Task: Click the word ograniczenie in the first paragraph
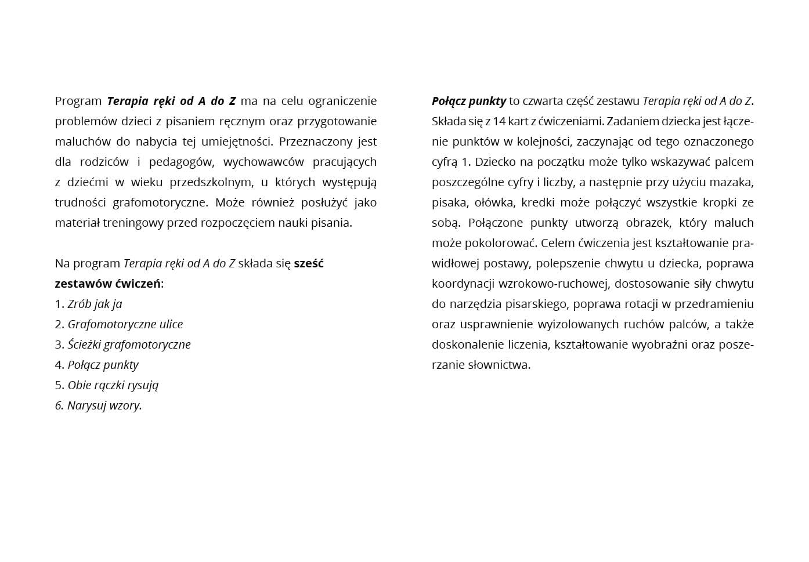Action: pos(342,101)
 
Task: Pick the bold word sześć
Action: pos(309,263)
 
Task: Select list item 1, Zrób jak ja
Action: pos(95,304)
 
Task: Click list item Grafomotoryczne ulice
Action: pos(125,324)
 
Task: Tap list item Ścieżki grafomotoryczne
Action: pos(129,345)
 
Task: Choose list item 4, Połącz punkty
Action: pos(103,365)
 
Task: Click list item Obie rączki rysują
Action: pos(113,385)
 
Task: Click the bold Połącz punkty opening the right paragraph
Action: pos(469,101)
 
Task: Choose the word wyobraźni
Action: pos(658,345)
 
